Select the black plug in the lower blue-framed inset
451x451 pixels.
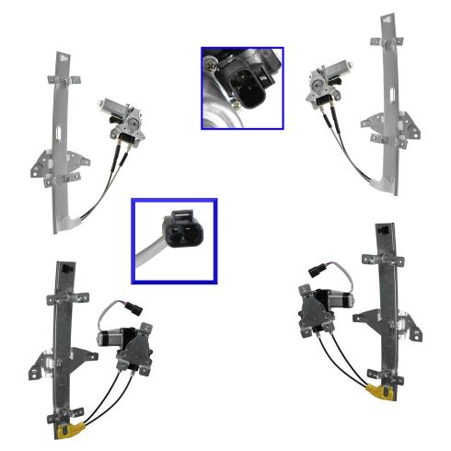(181, 228)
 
